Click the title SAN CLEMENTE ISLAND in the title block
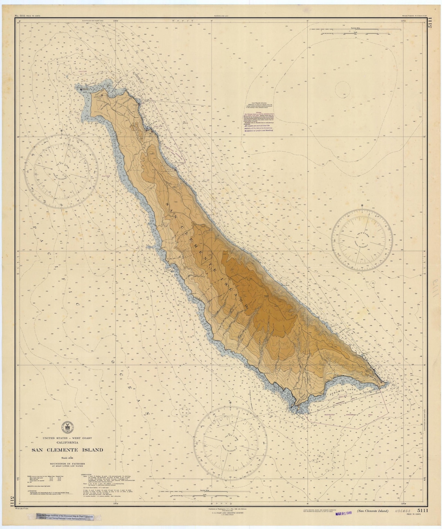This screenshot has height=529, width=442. tap(68, 450)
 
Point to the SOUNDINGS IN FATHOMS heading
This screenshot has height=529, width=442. tap(68, 464)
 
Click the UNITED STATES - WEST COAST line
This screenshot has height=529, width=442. tap(68, 438)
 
